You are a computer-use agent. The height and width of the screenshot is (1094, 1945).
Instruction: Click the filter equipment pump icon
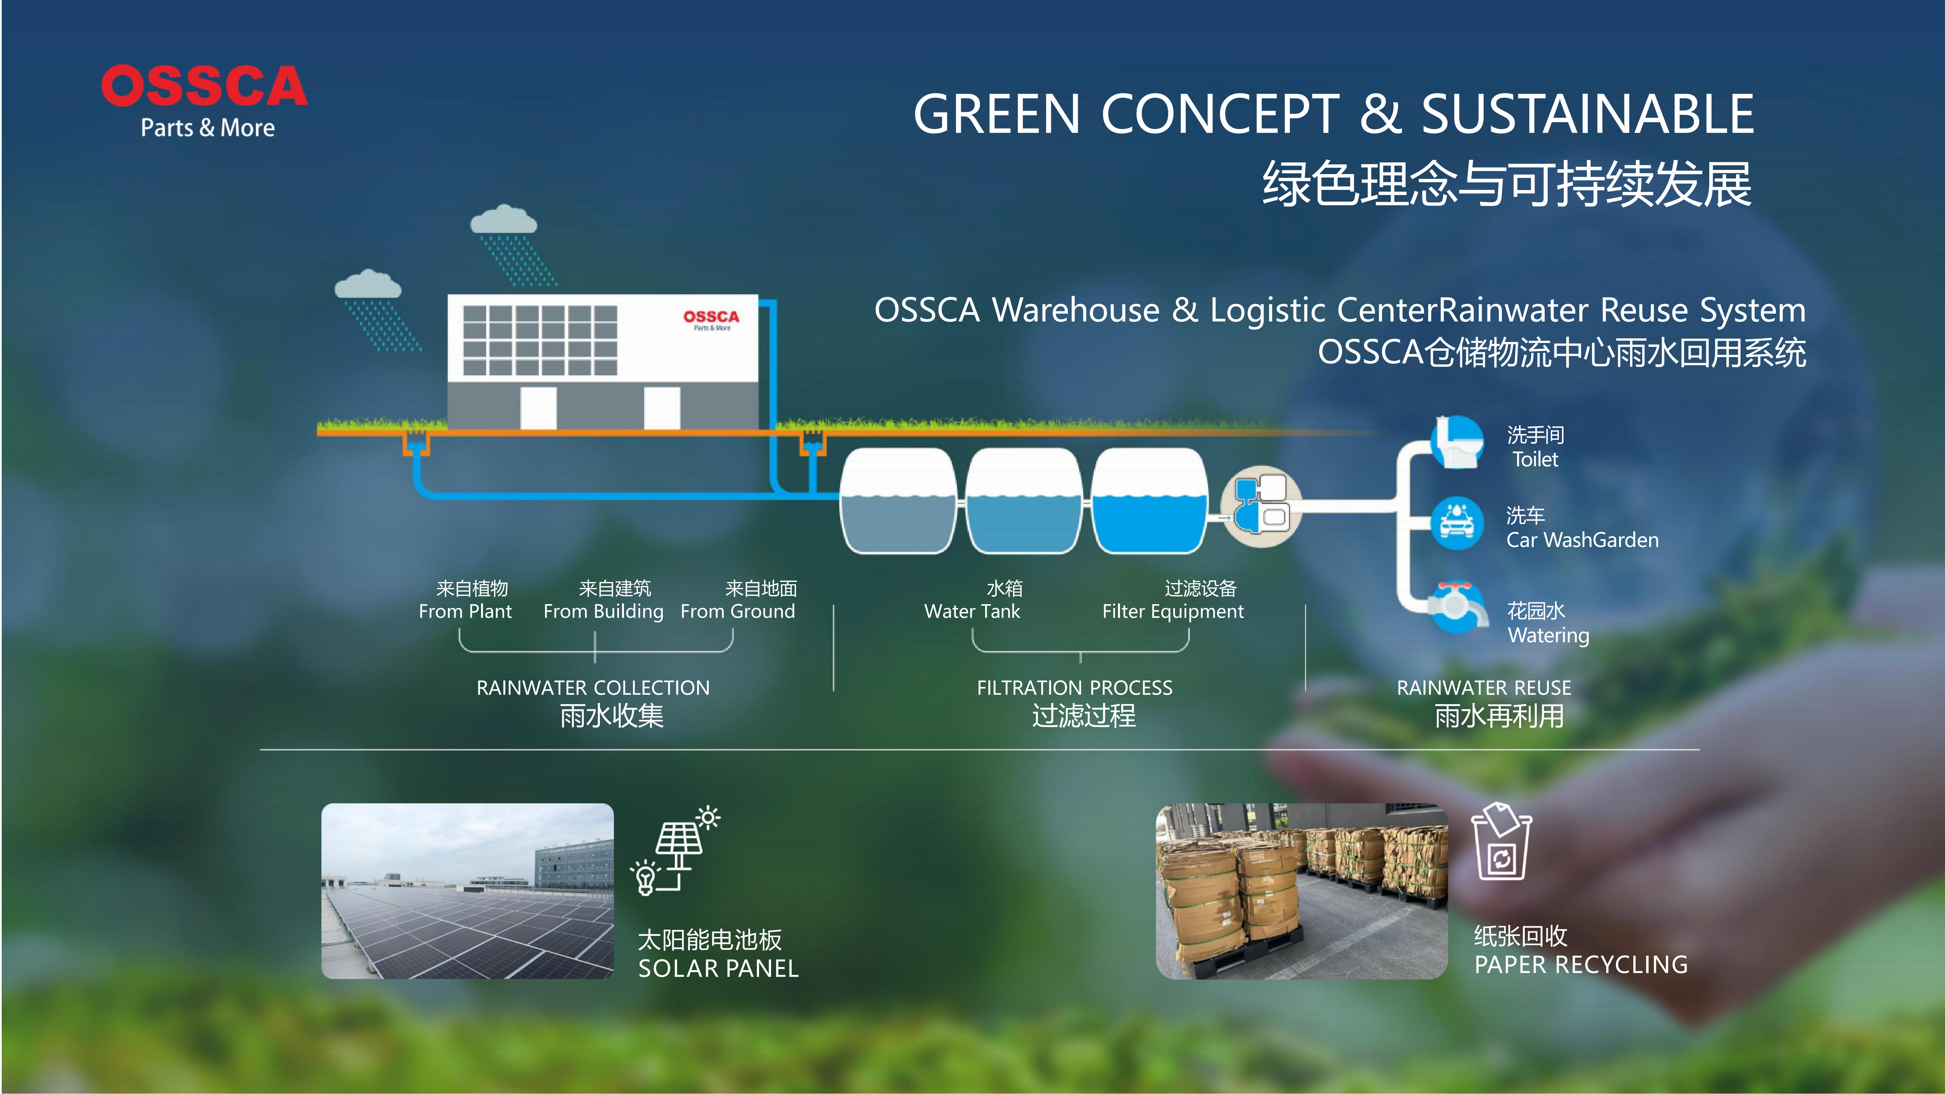click(1261, 502)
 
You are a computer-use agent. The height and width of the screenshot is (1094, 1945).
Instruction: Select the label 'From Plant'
click(465, 611)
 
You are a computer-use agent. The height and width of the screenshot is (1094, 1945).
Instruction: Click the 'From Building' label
click(603, 611)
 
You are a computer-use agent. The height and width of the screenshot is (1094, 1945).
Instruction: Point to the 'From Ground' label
click(738, 611)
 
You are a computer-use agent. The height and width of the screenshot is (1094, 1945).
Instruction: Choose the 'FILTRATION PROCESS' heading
click(1074, 688)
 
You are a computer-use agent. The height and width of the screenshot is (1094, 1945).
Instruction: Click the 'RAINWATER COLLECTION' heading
click(593, 688)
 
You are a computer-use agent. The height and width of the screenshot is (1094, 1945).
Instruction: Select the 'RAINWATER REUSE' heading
click(1484, 688)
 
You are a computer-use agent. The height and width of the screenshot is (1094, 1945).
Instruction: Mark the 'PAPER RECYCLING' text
click(1581, 965)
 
